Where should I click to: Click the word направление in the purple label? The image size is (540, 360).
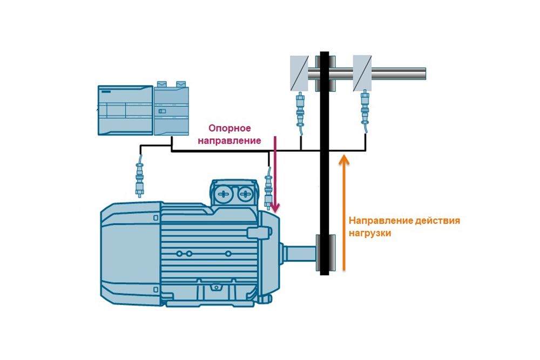point(230,141)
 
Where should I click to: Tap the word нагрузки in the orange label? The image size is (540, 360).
point(369,234)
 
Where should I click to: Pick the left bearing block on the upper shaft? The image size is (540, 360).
point(299,73)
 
